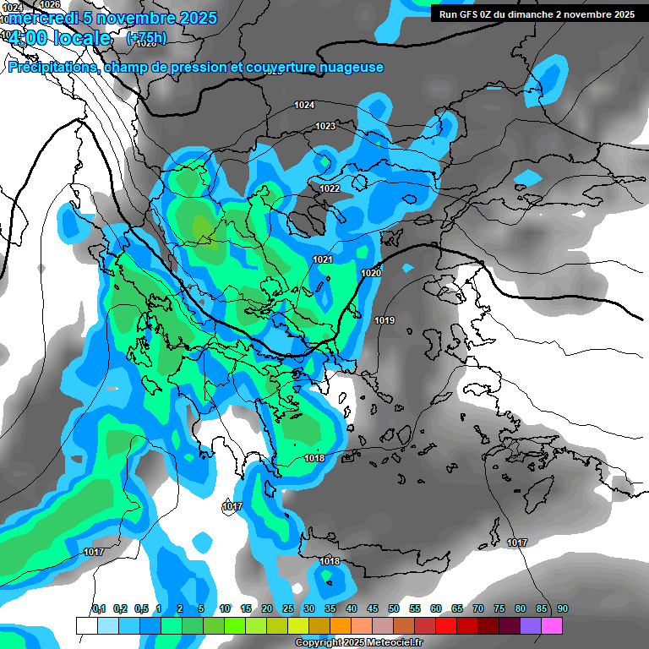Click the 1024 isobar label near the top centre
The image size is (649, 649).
tap(304, 105)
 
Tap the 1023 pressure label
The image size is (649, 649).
tap(325, 126)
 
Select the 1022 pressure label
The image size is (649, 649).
tap(330, 188)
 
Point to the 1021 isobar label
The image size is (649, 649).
tap(323, 259)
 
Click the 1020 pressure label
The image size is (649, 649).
tap(371, 273)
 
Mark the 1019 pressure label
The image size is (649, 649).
tap(384, 320)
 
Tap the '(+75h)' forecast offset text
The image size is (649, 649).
tap(146, 38)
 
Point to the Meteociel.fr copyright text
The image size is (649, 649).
tap(358, 643)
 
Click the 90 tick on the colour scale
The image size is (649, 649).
tap(563, 608)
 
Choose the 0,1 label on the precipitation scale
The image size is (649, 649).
tap(98, 608)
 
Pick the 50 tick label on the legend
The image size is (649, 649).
tap(394, 608)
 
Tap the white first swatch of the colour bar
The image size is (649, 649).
tap(86, 625)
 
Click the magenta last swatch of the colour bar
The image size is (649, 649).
tap(552, 625)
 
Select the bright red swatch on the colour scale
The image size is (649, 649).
tap(446, 625)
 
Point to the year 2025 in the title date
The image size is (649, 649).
tap(194, 18)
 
